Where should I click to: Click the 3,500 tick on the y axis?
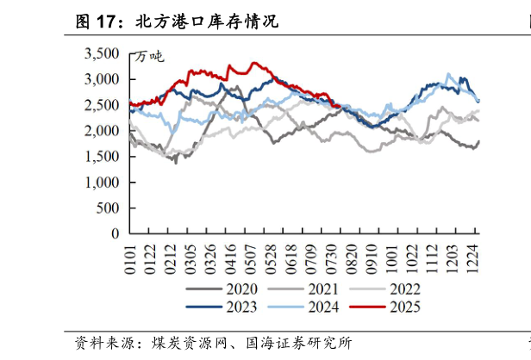click(x=101, y=53)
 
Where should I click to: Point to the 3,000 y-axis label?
click(x=101, y=79)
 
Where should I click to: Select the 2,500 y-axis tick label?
click(x=101, y=105)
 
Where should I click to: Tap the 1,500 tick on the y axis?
click(x=101, y=156)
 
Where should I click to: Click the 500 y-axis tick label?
click(x=107, y=208)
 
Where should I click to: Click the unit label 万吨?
click(x=148, y=57)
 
